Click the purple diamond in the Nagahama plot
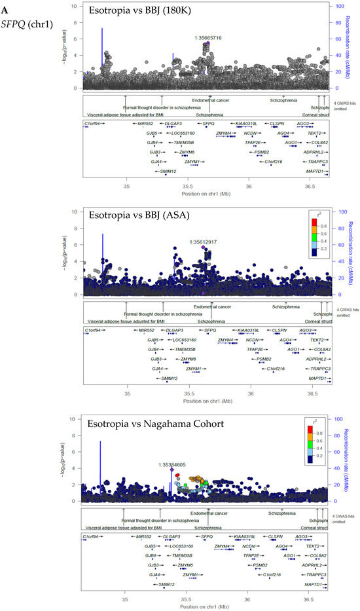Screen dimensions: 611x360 [171, 470]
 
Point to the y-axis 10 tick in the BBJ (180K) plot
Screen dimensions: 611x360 [77, 7]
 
